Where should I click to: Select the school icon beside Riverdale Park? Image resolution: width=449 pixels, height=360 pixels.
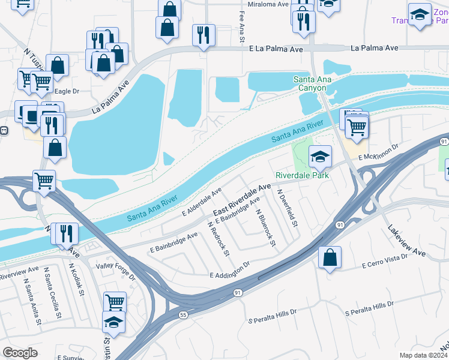point(321,157)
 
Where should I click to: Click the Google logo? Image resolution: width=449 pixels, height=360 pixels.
point(20,352)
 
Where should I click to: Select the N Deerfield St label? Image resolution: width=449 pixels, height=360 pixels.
point(288,208)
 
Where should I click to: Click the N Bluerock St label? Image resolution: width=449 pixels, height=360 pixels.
point(265,228)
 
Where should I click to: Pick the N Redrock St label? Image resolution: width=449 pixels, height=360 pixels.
point(218,238)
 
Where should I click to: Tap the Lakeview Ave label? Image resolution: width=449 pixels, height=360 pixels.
point(406,241)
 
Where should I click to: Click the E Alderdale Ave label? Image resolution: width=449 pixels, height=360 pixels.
point(202,201)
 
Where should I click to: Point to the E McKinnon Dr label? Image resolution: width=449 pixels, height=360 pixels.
point(379,152)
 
